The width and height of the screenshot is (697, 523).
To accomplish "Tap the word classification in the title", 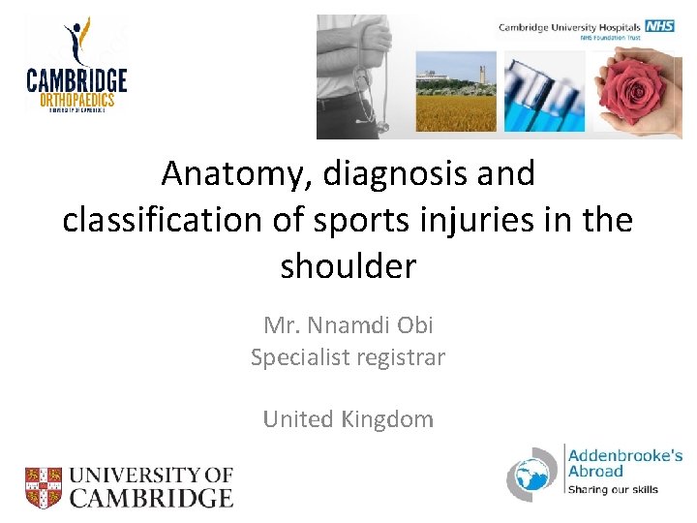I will pos(162,220).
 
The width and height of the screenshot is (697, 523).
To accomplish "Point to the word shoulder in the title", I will pos(348,265).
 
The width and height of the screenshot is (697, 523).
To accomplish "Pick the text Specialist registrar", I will pos(348,357).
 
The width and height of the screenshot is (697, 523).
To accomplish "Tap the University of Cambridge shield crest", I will pos(44,487).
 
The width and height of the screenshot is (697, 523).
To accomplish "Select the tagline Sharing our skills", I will pos(613,490).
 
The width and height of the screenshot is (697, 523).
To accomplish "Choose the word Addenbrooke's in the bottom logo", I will pos(624,454).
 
